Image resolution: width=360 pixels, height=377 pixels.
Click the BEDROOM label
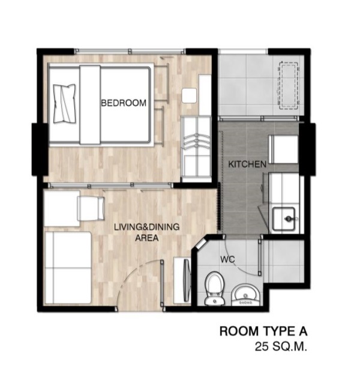124,103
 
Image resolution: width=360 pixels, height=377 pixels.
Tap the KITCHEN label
247,164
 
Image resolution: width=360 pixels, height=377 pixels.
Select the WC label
227,259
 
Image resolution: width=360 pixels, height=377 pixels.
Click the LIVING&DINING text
146,227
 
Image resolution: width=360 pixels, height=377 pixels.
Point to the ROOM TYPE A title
263,331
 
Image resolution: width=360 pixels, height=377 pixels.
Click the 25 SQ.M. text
281,347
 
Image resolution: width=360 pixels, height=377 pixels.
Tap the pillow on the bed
64,103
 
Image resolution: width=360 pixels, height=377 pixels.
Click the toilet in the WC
215,289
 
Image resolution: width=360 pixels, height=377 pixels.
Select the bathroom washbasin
245,295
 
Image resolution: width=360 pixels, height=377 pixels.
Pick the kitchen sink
284,219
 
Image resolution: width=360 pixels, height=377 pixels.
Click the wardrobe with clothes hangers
196,149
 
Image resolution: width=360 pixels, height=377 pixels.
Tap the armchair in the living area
91,208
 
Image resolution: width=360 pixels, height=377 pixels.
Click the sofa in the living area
68,268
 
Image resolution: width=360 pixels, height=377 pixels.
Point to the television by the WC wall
187,280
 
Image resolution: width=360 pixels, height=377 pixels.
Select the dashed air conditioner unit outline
288,86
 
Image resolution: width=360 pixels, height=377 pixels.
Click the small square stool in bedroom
189,95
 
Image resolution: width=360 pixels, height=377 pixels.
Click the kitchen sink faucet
288,219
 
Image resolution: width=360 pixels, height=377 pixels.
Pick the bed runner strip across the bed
89,104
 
